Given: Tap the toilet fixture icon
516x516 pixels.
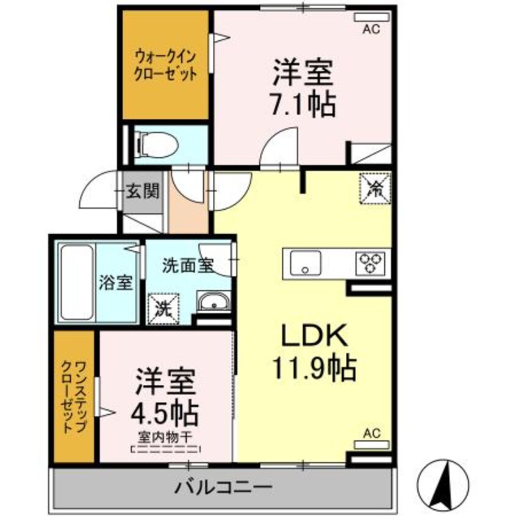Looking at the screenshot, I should pos(156,145).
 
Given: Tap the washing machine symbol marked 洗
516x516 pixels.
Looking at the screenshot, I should pos(163,304).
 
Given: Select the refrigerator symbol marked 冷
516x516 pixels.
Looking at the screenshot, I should pos(374,188).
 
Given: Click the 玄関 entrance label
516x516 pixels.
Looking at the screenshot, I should pos(143,192).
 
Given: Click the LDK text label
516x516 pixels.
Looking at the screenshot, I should pos(314,335).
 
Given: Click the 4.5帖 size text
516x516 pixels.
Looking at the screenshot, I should pos(165,414).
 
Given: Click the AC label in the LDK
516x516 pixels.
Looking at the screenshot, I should pos(371,434).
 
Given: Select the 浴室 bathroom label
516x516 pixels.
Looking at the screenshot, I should pos(116,282).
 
